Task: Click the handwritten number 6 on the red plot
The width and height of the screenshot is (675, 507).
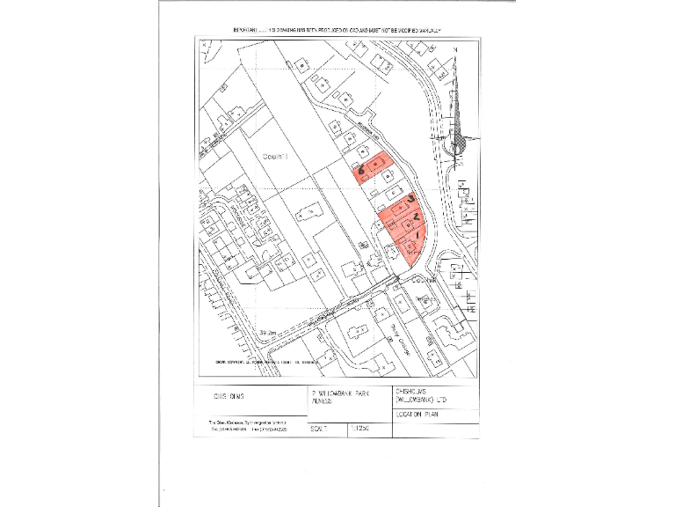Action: [x=359, y=166]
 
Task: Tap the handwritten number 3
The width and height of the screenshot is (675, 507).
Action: [x=411, y=201]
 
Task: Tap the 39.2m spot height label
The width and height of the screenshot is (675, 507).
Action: [x=269, y=331]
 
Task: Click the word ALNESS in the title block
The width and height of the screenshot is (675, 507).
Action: [x=320, y=400]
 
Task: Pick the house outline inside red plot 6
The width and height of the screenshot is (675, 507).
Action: [x=376, y=164]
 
